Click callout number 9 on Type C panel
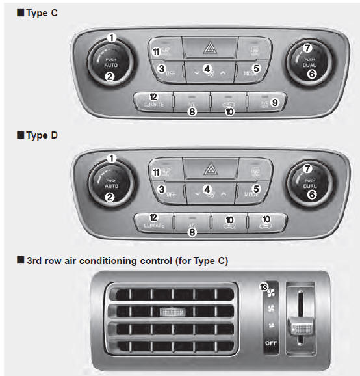pos(275,101)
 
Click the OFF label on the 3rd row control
pos(272,343)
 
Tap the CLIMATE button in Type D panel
pos(153,222)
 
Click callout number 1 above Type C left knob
pos(112,38)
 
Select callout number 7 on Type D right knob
pos(308,168)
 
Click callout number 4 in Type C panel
pos(207,68)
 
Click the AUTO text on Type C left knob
pos(112,65)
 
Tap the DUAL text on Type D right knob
pos(307,185)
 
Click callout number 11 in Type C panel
pos(156,51)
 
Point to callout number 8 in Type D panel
pos(192,232)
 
